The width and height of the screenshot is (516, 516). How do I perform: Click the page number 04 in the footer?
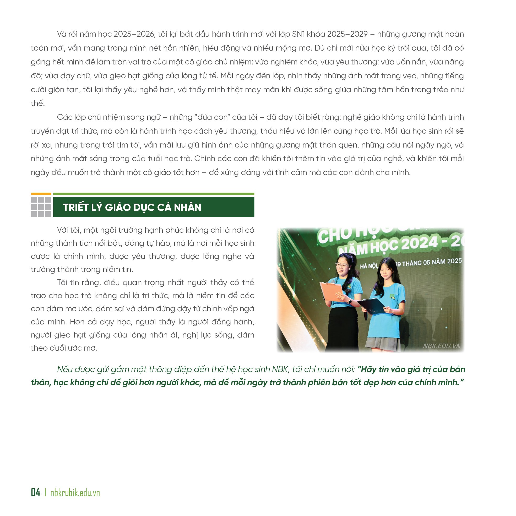point(36,492)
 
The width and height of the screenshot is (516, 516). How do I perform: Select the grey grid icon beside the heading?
point(41,207)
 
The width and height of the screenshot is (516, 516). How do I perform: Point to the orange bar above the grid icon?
point(41,194)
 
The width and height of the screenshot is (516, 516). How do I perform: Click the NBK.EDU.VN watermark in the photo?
point(441,346)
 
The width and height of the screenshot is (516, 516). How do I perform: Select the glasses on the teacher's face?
point(342,266)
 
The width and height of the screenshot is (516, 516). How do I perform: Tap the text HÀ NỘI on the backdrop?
point(368,266)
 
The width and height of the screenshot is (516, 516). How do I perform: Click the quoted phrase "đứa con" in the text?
point(212,117)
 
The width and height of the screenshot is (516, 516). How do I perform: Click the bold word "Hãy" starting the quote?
point(367,369)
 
